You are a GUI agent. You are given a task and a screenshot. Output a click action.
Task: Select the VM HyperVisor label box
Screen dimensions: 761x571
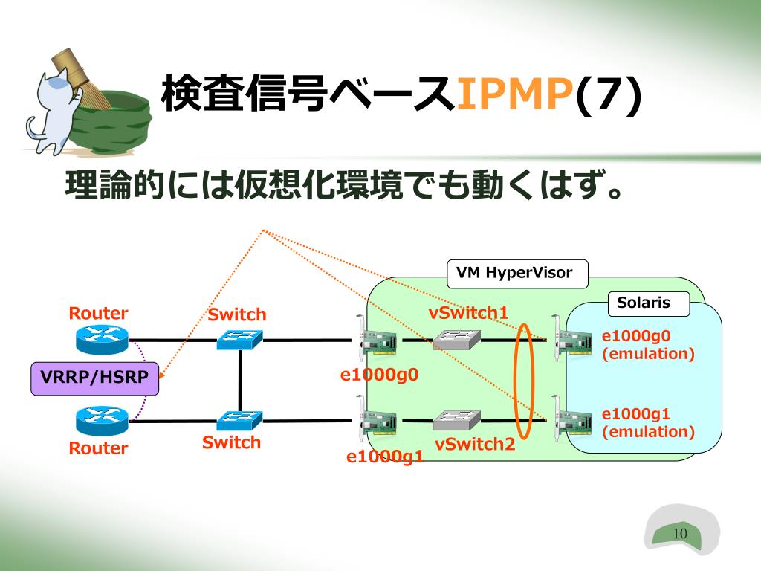pyautogui.click(x=517, y=274)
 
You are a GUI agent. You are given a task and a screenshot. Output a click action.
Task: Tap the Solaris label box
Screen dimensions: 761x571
pyautogui.click(x=648, y=303)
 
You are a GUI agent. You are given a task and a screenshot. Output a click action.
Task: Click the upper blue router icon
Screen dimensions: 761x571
pyautogui.click(x=103, y=339)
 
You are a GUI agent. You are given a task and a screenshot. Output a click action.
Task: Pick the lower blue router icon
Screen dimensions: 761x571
pyautogui.click(x=103, y=421)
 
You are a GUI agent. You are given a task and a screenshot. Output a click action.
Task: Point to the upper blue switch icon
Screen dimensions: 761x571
pyautogui.click(x=240, y=339)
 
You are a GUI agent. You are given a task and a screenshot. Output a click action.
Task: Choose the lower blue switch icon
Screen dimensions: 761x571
pyautogui.click(x=240, y=421)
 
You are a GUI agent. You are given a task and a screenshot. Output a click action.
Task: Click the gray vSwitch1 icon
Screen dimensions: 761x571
pyautogui.click(x=457, y=339)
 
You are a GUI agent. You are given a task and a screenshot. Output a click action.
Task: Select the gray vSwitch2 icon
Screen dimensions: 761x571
pyautogui.click(x=457, y=421)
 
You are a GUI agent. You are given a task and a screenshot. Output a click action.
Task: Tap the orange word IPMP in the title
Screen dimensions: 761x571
pyautogui.click(x=515, y=93)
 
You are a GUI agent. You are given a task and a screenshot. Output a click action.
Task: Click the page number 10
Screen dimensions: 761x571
pyautogui.click(x=680, y=533)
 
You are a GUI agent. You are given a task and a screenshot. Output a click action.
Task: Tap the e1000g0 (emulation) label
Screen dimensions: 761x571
pyautogui.click(x=648, y=345)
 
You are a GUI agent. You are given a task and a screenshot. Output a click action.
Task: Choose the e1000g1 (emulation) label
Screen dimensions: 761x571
pyautogui.click(x=648, y=422)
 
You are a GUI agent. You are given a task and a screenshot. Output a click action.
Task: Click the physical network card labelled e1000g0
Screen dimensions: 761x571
pyautogui.click(x=377, y=338)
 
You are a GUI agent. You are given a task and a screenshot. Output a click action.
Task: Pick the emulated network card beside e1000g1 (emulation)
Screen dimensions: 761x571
pyautogui.click(x=572, y=419)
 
